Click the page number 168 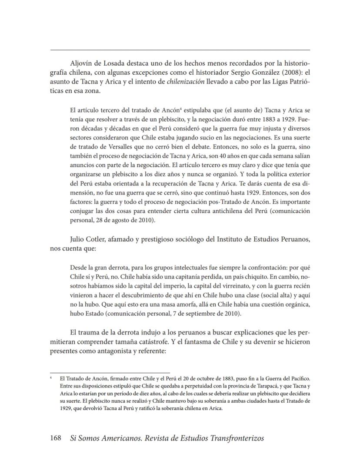[56, 438]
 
